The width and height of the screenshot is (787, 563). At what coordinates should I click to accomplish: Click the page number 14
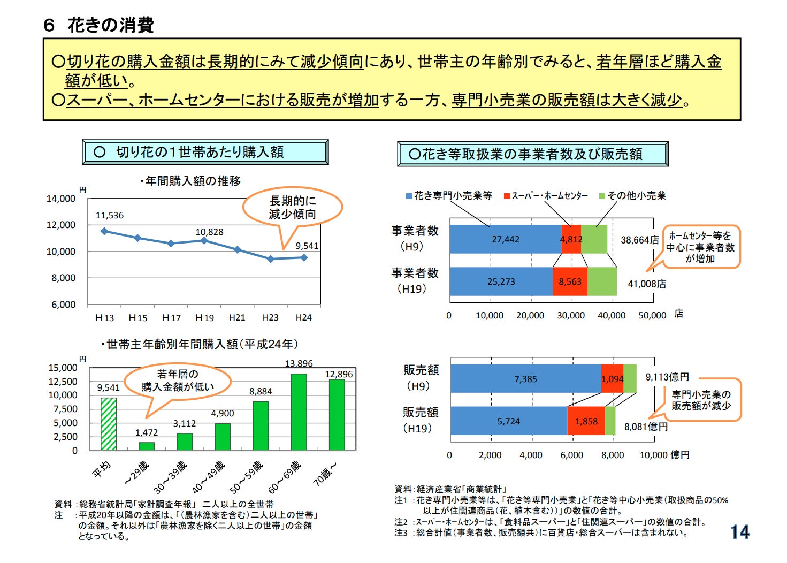point(740,532)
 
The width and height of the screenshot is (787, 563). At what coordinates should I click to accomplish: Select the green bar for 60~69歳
point(299,412)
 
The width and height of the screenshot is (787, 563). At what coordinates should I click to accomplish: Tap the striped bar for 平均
point(109,424)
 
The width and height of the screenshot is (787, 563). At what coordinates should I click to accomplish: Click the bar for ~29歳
point(147,446)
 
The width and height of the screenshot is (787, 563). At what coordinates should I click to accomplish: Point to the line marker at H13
point(104,231)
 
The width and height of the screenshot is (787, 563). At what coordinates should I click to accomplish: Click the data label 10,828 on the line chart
point(209,232)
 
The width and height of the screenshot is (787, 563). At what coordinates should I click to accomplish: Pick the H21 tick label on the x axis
point(237,317)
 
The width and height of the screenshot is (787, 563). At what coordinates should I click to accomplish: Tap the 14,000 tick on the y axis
point(60,199)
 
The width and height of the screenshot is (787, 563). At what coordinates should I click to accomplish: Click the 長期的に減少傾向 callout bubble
point(292,208)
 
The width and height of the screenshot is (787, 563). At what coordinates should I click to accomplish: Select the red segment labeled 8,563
point(570,281)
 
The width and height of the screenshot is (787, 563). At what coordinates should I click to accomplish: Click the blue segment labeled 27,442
point(506,239)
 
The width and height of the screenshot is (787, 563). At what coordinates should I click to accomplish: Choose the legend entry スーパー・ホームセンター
point(546,196)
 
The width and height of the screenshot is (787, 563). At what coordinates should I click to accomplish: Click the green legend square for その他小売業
point(602,196)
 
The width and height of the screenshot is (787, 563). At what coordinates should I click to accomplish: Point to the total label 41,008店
point(647,284)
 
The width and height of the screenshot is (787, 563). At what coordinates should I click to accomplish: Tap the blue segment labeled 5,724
point(508,421)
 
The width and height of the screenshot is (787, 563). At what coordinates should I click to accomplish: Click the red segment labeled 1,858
point(586,421)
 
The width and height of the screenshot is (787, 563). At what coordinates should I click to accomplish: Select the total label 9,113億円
point(667,377)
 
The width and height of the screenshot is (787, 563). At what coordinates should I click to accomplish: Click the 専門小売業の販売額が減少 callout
point(701,400)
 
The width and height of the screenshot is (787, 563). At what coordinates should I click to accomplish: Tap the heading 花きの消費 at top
point(111,25)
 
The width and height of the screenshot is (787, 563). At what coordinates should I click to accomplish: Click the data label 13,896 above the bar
point(299,364)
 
